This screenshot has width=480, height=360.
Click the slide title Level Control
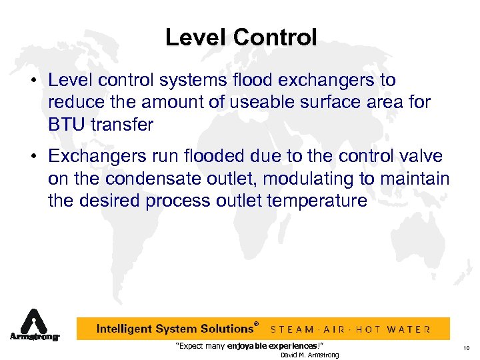[241, 37]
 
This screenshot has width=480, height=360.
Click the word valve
[419, 157]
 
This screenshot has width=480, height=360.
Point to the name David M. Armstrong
[309, 355]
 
